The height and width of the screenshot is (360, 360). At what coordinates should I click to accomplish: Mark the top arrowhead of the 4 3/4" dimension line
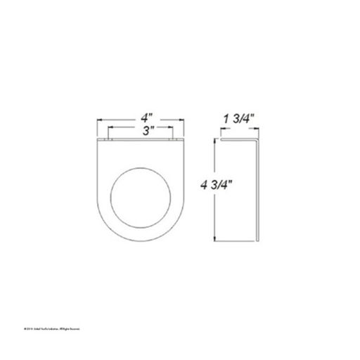pyautogui.click(x=215, y=142)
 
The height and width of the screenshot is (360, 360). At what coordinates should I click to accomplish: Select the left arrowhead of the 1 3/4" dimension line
pyautogui.click(x=223, y=129)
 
